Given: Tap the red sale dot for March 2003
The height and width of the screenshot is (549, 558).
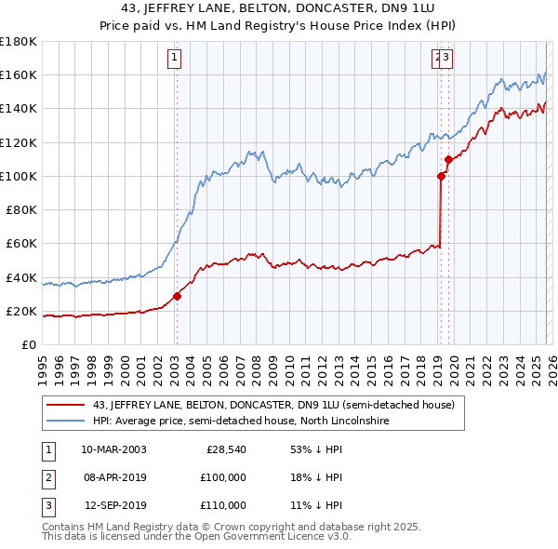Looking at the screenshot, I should coord(177,297).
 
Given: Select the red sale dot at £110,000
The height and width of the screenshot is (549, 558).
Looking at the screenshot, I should coord(448,159).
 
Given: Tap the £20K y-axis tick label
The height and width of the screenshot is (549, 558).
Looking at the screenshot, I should coord(21,311).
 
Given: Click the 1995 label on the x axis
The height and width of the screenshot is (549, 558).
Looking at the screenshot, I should coord(43,363).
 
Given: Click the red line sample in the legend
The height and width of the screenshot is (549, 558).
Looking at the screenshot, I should coord(67,405).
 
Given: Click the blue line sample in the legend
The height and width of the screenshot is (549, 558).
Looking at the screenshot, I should coord(67,421).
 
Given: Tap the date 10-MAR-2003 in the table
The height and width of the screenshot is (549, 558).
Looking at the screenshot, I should coord(113,449).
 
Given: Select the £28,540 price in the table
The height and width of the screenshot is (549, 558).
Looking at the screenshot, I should coord(226,449).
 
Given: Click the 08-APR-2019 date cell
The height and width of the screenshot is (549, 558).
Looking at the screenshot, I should coord(113,477).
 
